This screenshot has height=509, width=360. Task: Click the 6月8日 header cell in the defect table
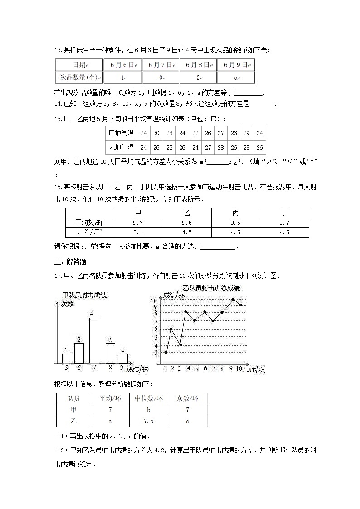point(198,65)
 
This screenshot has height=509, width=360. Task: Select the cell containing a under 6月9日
point(236,78)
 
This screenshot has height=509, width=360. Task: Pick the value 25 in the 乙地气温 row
point(169,147)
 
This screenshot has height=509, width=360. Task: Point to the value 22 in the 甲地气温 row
point(195,133)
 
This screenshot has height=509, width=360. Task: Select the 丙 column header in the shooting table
point(235,213)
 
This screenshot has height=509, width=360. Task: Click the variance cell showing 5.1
point(138,233)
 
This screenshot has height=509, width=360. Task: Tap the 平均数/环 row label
point(90,223)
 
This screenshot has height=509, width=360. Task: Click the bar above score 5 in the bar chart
point(66,358)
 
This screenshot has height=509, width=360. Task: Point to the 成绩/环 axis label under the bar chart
point(137,369)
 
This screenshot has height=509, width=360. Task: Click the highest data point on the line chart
point(233,300)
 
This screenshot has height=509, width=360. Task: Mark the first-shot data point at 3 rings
point(166,353)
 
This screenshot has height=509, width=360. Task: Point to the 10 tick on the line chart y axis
point(154,300)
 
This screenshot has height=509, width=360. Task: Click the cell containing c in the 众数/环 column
point(187,421)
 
